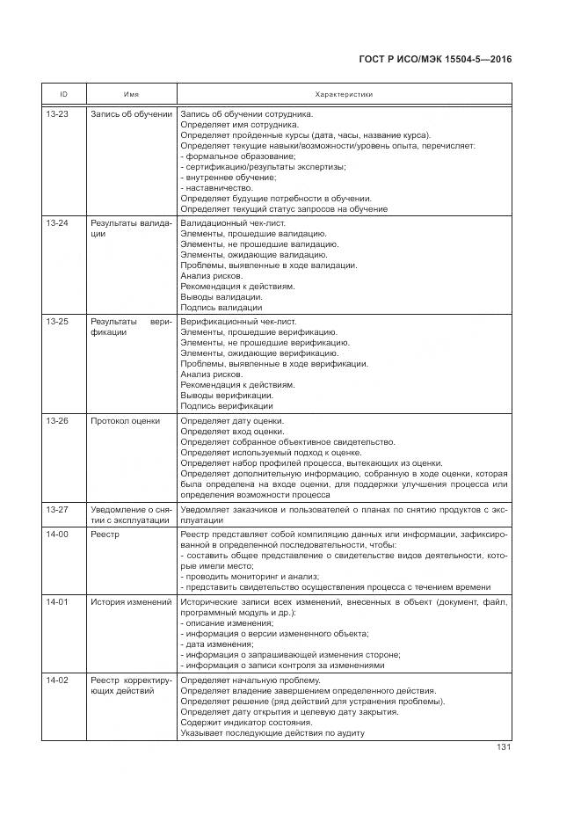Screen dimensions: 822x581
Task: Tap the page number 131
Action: coord(504,748)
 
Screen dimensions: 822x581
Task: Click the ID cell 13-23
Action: coord(57,114)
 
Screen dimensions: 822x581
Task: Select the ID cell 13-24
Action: coord(57,224)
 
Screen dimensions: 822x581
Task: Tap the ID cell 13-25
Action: coord(57,323)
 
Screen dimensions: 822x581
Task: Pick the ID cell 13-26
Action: coord(57,421)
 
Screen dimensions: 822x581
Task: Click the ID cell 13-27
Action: coord(57,510)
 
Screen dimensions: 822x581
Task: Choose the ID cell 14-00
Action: coord(57,535)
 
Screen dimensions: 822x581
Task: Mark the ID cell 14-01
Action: coord(57,602)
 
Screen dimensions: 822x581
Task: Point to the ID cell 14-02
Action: coord(57,681)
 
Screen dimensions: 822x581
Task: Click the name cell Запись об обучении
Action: coord(131,114)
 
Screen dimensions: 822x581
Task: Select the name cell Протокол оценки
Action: coord(125,421)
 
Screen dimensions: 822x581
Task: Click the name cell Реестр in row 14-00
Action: coord(105,535)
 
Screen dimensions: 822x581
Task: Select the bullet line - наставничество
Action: coord(216,188)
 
